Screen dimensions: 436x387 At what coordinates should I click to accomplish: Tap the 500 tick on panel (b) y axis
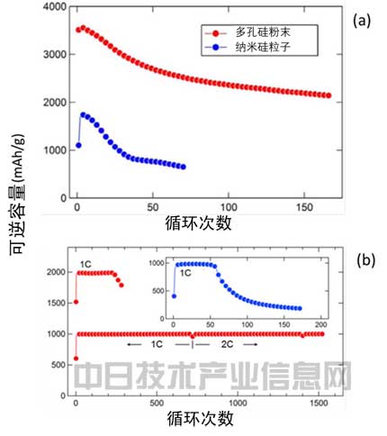tap(56, 365)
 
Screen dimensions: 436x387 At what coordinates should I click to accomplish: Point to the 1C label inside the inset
tap(186, 270)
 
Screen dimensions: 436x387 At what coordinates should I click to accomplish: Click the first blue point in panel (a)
tap(77, 145)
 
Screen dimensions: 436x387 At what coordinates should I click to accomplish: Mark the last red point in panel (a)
tap(328, 95)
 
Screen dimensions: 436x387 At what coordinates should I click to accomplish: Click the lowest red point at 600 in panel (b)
tap(76, 359)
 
